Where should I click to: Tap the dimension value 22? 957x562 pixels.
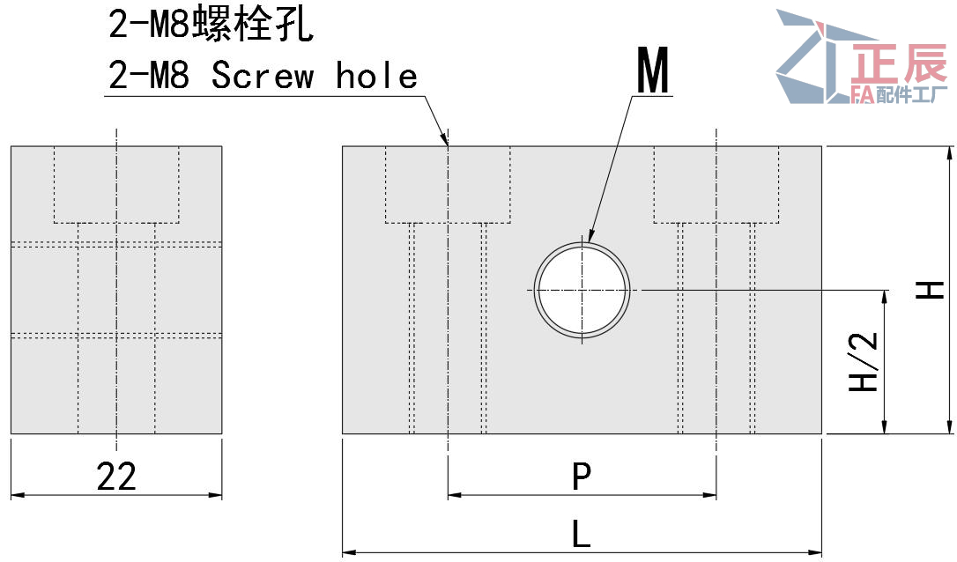tap(116, 477)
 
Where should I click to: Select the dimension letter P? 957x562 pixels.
tap(582, 476)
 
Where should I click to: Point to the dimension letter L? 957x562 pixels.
tap(582, 533)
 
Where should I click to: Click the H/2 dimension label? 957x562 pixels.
tap(864, 361)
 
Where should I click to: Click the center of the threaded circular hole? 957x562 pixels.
tap(582, 290)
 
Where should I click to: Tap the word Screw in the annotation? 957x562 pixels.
tap(263, 76)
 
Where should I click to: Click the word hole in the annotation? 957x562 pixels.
tap(376, 75)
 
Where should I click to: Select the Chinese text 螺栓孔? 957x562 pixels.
tap(253, 25)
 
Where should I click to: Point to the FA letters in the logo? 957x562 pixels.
tap(863, 94)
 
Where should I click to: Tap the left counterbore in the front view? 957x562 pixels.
tap(448, 184)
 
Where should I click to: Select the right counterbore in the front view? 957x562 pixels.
tap(716, 184)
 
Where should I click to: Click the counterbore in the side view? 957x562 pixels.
tap(116, 184)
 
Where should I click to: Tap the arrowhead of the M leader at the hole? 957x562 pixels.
tap(590, 239)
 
